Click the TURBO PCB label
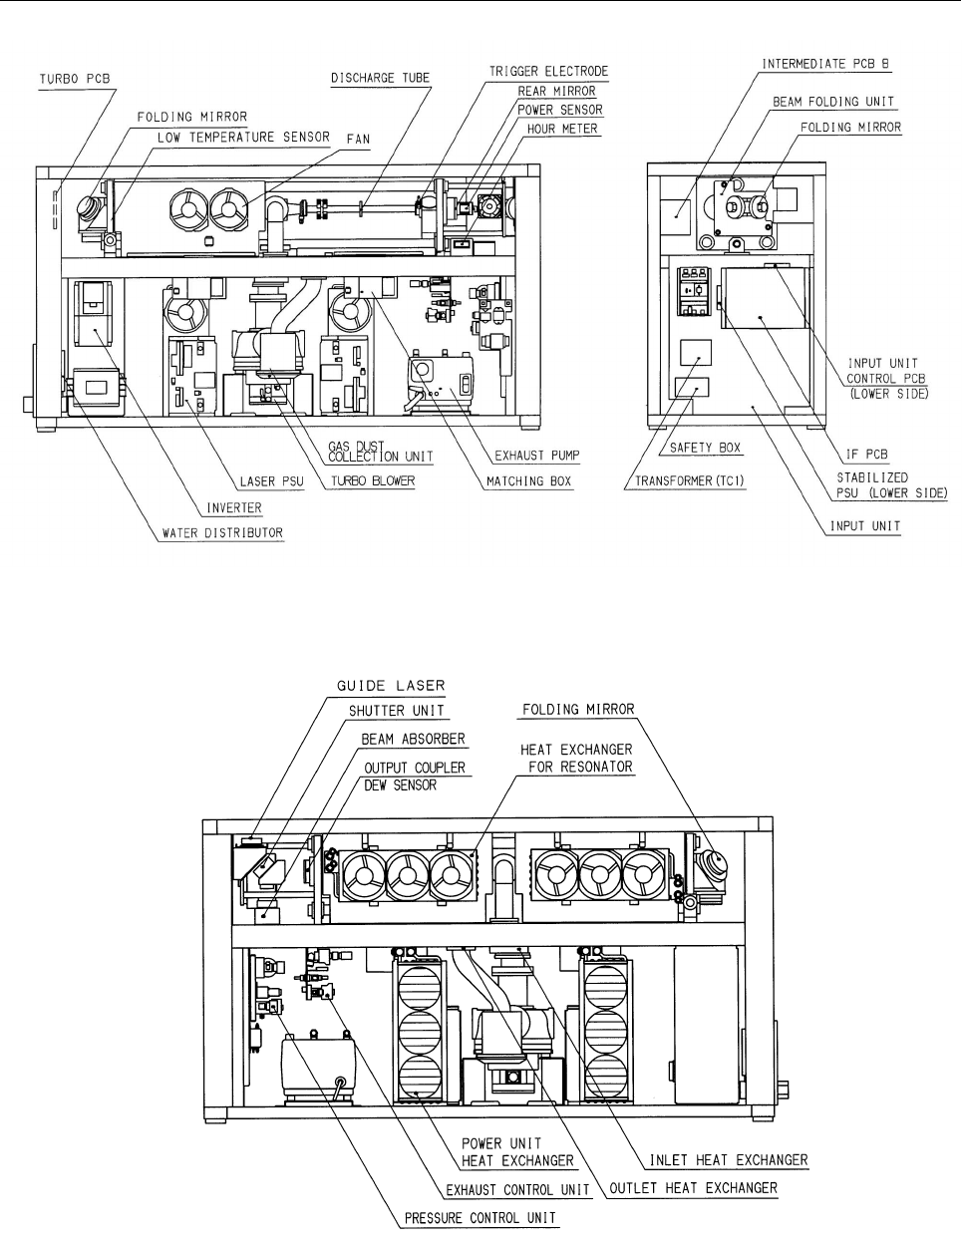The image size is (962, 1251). pyautogui.click(x=74, y=79)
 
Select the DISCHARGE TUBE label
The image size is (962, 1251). pyautogui.click(x=380, y=78)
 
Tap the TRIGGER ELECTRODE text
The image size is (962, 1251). pyautogui.click(x=548, y=72)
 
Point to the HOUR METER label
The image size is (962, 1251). pyautogui.click(x=562, y=129)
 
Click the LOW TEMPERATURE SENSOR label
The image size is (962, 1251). pyautogui.click(x=243, y=137)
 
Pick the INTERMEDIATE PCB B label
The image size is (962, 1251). pyautogui.click(x=825, y=64)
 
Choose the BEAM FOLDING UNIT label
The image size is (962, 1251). pyautogui.click(x=833, y=102)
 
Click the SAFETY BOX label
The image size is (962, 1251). pyautogui.click(x=705, y=448)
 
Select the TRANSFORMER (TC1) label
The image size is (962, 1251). pyautogui.click(x=689, y=480)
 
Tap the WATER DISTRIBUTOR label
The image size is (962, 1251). pyautogui.click(x=222, y=533)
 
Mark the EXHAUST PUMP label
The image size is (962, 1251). pyautogui.click(x=537, y=456)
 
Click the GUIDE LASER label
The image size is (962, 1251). pyautogui.click(x=391, y=686)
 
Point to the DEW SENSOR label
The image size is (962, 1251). pyautogui.click(x=400, y=785)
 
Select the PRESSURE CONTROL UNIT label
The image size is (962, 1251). pyautogui.click(x=481, y=1218)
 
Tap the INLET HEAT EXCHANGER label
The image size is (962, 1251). pyautogui.click(x=729, y=1160)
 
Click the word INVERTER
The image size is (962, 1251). pyautogui.click(x=233, y=507)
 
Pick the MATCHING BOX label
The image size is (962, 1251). pyautogui.click(x=528, y=481)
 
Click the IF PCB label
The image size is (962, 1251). pyautogui.click(x=866, y=455)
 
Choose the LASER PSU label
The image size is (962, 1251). pyautogui.click(x=272, y=481)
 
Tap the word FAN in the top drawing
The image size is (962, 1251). pyautogui.click(x=358, y=140)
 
